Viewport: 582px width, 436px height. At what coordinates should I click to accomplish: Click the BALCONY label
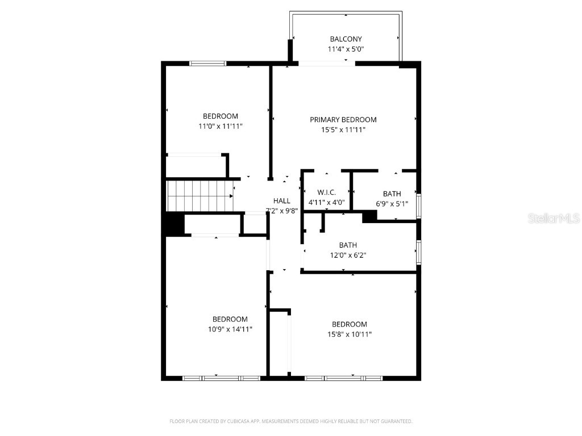coord(346,39)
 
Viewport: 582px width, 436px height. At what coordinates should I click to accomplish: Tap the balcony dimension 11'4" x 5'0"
coord(346,49)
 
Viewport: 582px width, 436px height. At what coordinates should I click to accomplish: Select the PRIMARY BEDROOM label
coord(343,120)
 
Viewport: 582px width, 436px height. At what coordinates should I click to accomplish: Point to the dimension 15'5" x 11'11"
coord(343,130)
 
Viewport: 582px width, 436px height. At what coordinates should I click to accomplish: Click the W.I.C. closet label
coord(326,192)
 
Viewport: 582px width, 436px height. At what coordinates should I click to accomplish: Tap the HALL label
coord(281,201)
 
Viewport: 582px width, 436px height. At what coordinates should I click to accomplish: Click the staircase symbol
coord(199,195)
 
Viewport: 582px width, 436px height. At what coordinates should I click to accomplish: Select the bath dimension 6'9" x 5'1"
coord(392,204)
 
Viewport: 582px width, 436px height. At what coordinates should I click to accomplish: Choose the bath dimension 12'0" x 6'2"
coord(348,255)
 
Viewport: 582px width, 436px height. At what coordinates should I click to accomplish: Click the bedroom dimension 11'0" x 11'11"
coord(220,127)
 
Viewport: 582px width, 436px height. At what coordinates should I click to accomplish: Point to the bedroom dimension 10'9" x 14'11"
coord(230,329)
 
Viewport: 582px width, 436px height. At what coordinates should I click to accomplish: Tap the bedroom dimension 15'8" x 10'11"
coord(349,334)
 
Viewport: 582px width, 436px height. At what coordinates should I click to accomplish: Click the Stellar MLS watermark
coord(554,219)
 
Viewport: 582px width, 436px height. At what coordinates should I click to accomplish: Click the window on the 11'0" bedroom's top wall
coord(207,64)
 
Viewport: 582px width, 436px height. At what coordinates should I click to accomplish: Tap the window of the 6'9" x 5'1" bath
coord(419,206)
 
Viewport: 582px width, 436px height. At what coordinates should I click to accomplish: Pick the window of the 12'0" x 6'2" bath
coord(419,252)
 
